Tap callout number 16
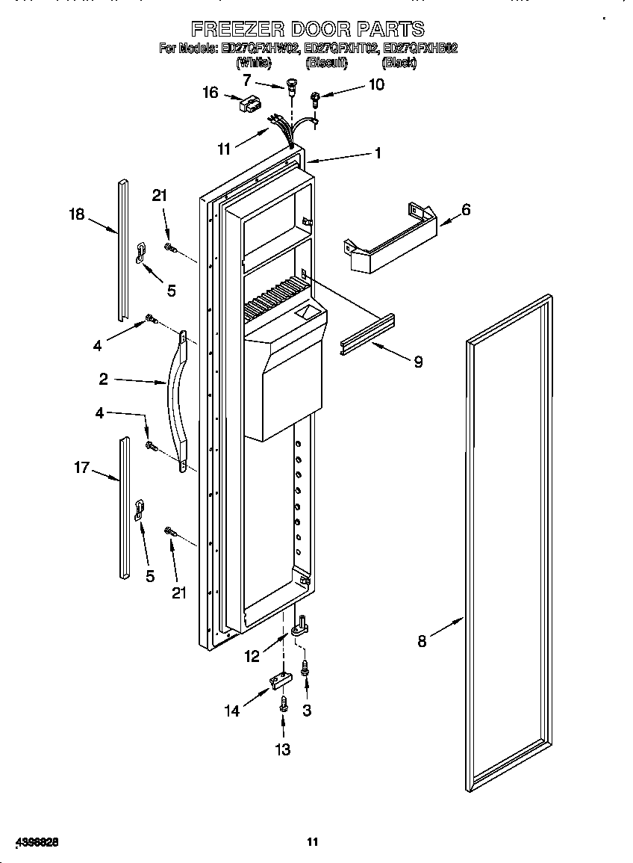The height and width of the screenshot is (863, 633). [x=211, y=93]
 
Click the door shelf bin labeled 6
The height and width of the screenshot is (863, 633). [x=388, y=239]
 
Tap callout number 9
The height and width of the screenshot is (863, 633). [x=418, y=362]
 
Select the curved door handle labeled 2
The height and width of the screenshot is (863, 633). [x=178, y=403]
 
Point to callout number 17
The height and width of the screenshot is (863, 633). [x=81, y=468]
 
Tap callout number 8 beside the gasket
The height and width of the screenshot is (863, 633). [x=422, y=641]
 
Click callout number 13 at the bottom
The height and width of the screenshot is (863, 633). [x=284, y=749]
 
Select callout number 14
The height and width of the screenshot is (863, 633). [x=234, y=711]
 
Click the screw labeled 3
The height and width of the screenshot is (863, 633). [x=305, y=669]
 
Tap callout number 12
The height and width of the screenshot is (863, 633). [x=252, y=657]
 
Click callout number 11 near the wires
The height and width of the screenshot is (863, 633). [x=224, y=149]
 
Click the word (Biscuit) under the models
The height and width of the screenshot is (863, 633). [x=326, y=64]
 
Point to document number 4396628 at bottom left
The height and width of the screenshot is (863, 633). [x=35, y=842]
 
